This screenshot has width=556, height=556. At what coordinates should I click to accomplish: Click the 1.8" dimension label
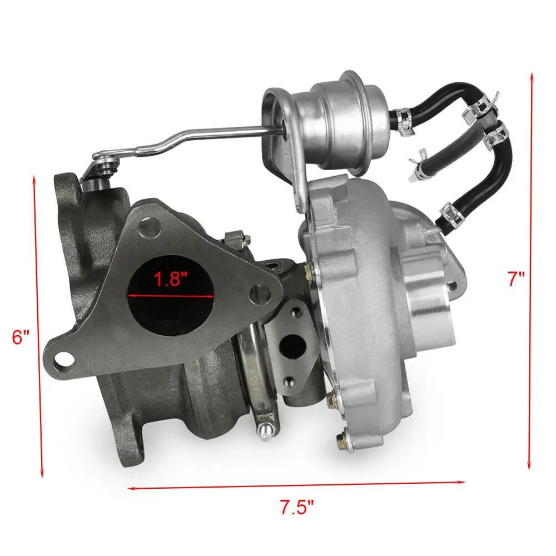coord(170,279)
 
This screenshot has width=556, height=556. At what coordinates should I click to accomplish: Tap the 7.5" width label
coord(297,507)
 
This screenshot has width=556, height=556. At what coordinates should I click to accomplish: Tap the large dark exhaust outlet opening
coord(172,295)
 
